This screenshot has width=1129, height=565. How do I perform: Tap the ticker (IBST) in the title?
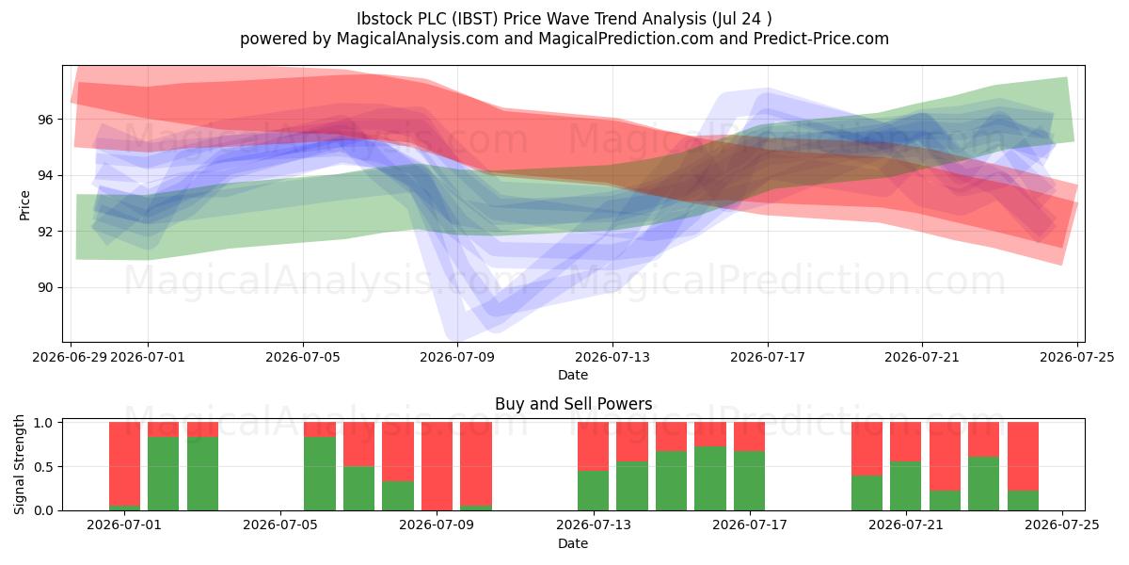(475, 19)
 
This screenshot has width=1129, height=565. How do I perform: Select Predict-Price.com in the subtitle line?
(821, 39)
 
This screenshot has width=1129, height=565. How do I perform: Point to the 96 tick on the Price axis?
(45, 120)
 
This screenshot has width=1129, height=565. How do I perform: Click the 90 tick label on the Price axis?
(45, 287)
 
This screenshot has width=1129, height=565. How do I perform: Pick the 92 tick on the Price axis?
(45, 232)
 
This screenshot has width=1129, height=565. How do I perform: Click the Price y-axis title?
(24, 205)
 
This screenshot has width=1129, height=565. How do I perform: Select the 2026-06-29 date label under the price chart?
(70, 357)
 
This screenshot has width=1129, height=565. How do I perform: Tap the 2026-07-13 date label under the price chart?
(612, 357)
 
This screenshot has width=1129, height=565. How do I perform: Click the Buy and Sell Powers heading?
(574, 404)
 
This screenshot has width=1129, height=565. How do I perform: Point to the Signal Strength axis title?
(19, 464)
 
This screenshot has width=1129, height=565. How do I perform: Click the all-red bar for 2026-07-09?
(437, 466)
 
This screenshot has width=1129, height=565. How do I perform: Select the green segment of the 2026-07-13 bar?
(594, 491)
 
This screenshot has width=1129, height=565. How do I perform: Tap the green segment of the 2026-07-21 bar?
(906, 486)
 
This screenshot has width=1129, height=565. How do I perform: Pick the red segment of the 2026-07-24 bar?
(1024, 456)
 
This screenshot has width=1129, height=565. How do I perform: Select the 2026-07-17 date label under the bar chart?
(750, 525)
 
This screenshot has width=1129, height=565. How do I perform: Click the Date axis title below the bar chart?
(573, 543)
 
